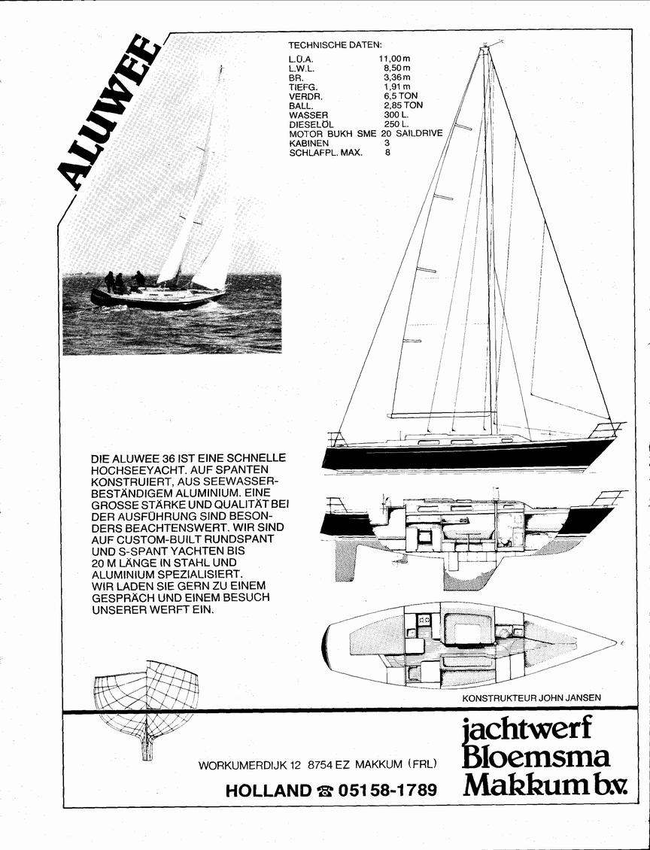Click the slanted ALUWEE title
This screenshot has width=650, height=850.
pyautogui.click(x=108, y=114)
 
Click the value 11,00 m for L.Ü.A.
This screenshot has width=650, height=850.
pyautogui.click(x=395, y=58)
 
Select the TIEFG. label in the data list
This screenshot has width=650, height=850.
pyautogui.click(x=304, y=87)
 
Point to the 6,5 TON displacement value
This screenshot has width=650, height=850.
pyautogui.click(x=401, y=96)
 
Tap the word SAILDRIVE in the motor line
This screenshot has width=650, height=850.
pyautogui.click(x=420, y=133)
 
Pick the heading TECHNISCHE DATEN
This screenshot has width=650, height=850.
pyautogui.click(x=335, y=45)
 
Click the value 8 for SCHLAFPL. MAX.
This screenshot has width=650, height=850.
pyautogui.click(x=387, y=153)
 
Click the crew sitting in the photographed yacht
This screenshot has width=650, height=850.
pyautogui.click(x=125, y=281)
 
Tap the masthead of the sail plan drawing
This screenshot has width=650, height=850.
pyautogui.click(x=484, y=49)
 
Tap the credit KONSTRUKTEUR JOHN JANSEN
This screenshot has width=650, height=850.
pyautogui.click(x=531, y=697)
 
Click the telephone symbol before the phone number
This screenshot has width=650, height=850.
pyautogui.click(x=325, y=791)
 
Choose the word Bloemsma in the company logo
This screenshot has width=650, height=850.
pyautogui.click(x=536, y=757)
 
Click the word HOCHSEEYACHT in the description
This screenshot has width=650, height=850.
pyautogui.click(x=131, y=470)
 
